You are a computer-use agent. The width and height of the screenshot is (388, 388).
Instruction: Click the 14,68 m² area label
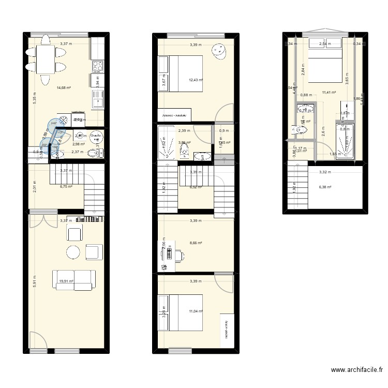[64, 88]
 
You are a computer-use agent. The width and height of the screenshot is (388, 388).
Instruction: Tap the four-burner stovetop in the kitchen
[97, 66]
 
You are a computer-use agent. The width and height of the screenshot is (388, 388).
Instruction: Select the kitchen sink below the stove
[97, 99]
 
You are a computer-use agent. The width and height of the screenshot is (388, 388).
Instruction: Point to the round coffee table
[73, 252]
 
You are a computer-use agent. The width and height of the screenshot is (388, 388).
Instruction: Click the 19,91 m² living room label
[66, 281]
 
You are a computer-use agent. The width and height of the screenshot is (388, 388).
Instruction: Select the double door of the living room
[43, 219]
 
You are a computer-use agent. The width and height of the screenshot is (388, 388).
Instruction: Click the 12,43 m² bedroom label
[196, 80]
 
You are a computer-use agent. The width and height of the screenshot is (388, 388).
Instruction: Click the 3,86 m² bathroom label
[185, 143]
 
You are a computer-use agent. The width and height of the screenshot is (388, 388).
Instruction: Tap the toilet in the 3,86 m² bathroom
[184, 150]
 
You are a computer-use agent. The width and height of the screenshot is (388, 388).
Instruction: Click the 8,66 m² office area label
[196, 243]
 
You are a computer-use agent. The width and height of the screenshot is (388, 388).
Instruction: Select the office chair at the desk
[179, 255]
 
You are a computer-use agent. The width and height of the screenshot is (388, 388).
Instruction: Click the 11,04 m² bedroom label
[196, 311]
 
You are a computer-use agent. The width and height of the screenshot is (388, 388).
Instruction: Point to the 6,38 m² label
[325, 187]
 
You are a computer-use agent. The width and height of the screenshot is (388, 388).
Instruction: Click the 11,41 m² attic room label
[327, 93]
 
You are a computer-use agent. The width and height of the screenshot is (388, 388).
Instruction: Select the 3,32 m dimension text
[325, 172]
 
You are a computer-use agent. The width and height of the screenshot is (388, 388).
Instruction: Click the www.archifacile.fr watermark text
[357, 370]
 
